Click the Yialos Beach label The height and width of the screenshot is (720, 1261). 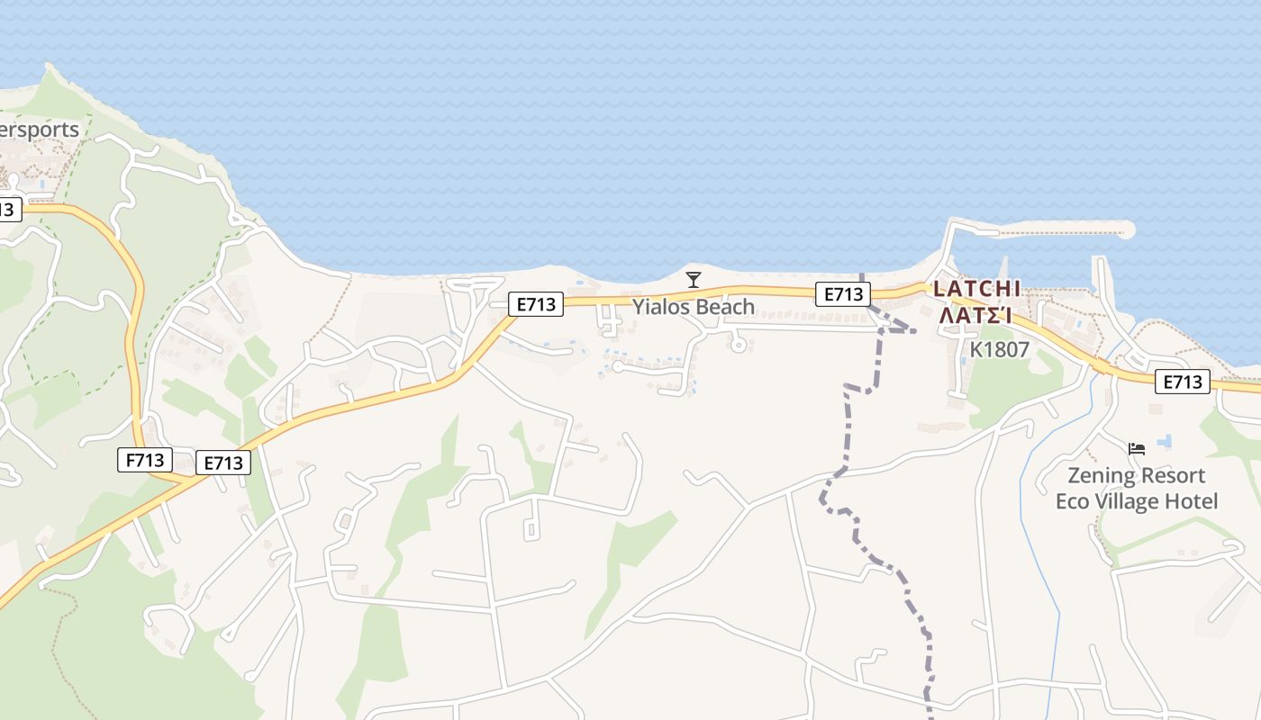[693, 307]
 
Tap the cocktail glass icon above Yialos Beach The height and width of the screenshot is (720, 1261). [693, 280]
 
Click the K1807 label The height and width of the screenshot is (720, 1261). [999, 349]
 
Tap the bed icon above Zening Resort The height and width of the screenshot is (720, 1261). [1137, 448]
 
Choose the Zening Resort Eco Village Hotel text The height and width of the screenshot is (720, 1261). [1136, 488]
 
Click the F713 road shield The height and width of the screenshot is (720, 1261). [144, 461]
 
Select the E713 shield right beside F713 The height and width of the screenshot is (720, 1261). [223, 463]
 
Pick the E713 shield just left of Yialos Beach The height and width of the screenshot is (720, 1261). [536, 304]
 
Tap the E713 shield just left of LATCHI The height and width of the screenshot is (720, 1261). [843, 293]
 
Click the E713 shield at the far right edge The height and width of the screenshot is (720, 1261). [1182, 382]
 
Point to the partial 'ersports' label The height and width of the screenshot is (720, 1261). [40, 130]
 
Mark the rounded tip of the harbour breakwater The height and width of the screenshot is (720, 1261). [1125, 230]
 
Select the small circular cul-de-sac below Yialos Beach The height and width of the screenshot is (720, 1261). [739, 344]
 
